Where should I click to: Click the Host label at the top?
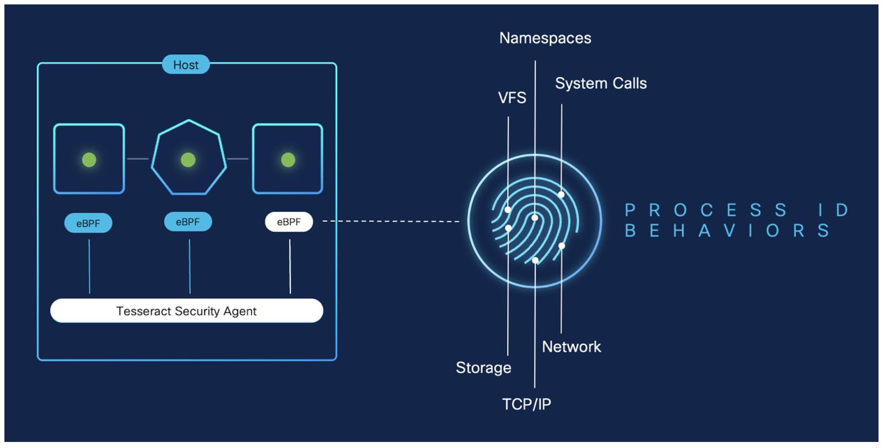[186, 65]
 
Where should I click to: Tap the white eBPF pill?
[289, 222]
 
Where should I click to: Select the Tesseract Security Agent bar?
[186, 311]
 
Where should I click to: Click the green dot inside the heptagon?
[188, 160]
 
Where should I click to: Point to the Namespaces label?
[545, 38]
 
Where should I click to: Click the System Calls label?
[601, 84]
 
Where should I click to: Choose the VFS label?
[512, 98]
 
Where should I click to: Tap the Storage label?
[483, 368]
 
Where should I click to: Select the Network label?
[572, 347]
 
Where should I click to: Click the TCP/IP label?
[526, 405]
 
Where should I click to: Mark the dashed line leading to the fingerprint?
[391, 221]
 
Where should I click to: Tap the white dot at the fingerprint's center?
[535, 218]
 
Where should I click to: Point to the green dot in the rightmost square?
[288, 160]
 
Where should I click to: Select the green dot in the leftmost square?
[89, 160]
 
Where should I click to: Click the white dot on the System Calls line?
[561, 194]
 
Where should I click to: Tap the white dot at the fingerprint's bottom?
[535, 260]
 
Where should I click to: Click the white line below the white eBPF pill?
[290, 267]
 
